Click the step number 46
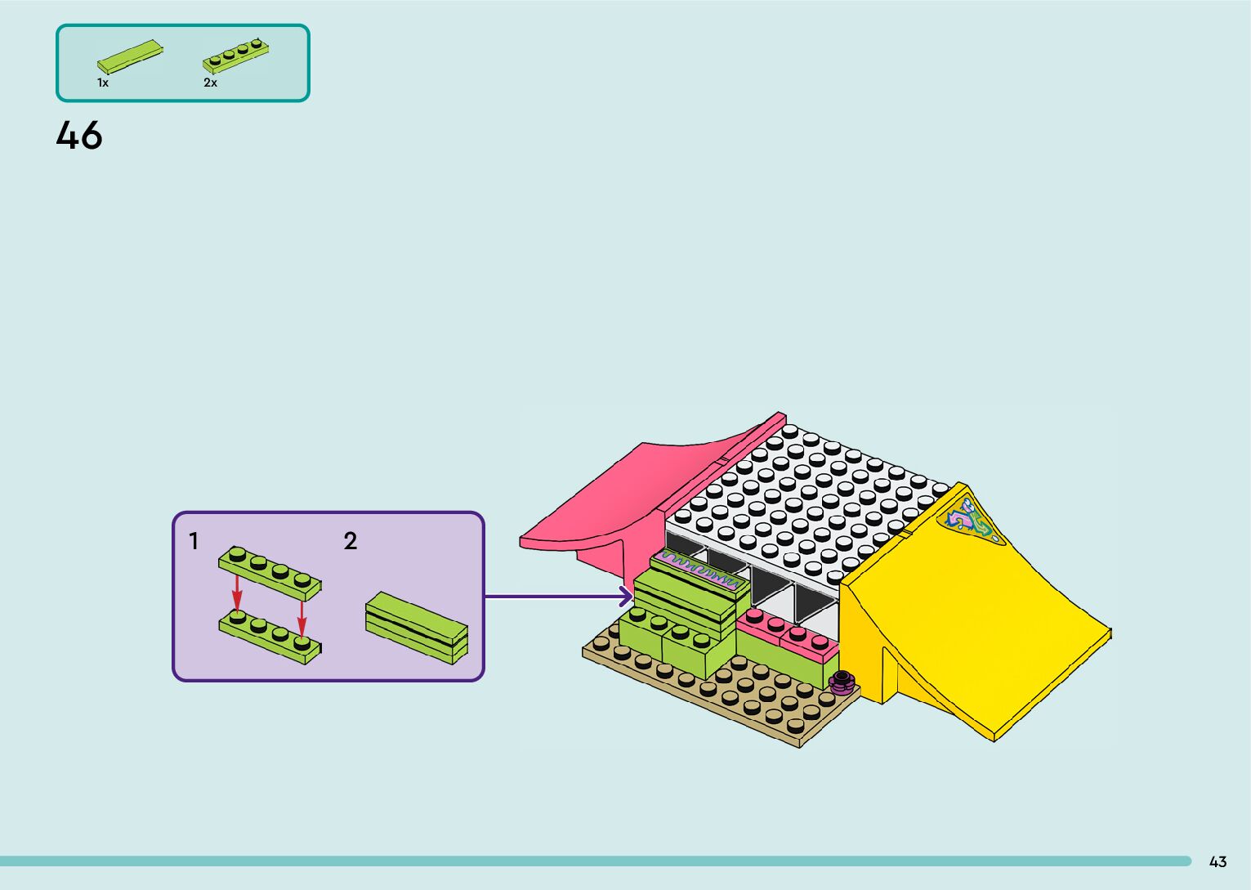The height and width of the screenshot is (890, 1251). click(x=79, y=136)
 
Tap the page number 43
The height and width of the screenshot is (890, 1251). click(x=1217, y=861)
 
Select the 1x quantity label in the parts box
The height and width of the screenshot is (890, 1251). click(x=103, y=83)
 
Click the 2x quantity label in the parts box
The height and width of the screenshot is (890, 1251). click(x=211, y=83)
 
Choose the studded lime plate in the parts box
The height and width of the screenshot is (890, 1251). click(x=236, y=54)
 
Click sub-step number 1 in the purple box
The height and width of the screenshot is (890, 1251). click(x=194, y=541)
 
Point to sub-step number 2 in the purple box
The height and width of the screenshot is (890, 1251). click(x=351, y=541)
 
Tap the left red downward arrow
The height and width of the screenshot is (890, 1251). click(x=237, y=593)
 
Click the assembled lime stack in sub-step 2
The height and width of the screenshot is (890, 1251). click(x=417, y=628)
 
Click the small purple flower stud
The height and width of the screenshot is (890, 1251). click(x=842, y=681)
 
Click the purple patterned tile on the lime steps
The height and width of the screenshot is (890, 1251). click(x=699, y=570)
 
